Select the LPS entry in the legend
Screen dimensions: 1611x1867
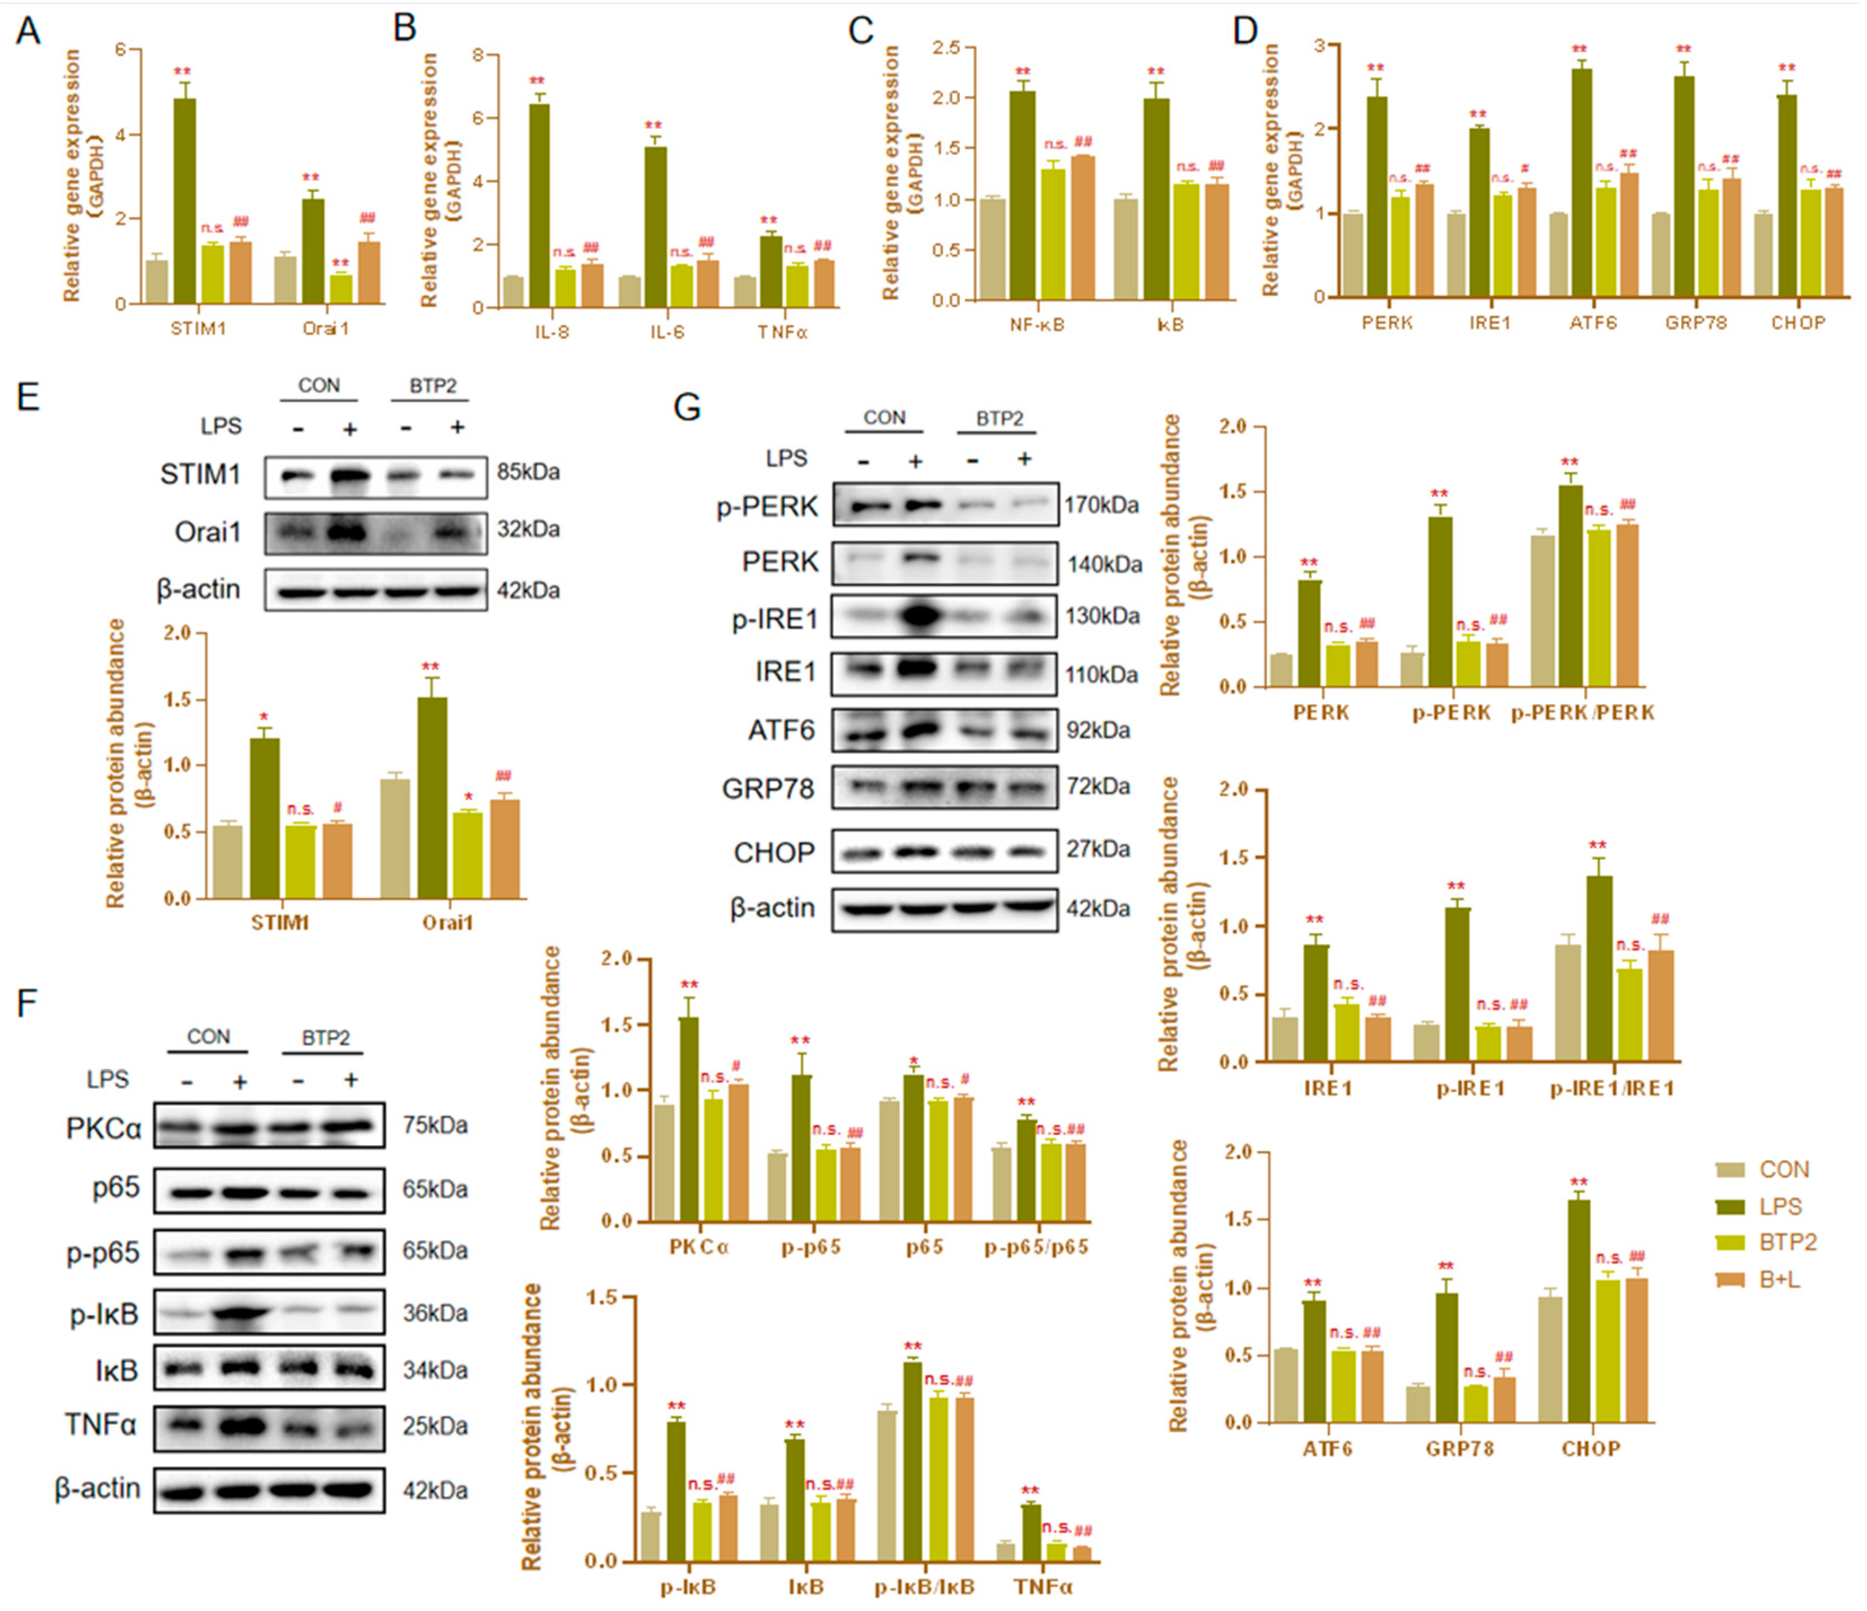1780,1206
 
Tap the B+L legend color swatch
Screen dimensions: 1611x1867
1729,1280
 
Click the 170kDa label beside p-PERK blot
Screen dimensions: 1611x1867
1101,505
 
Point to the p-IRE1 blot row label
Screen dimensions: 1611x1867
775,619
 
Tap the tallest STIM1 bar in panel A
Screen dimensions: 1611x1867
185,198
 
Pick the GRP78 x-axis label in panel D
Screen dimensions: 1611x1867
1695,322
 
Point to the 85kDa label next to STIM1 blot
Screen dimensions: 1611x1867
528,472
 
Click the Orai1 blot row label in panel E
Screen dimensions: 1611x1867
208,532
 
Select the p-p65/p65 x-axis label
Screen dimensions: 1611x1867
1036,1247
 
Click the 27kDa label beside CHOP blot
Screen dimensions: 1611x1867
1098,849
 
